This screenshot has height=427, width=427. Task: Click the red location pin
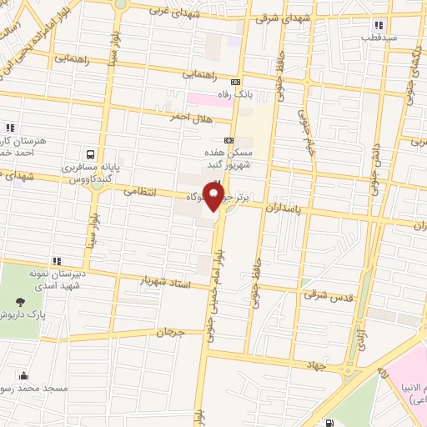click(x=215, y=197)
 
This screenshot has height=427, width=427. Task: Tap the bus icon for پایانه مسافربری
click(x=89, y=155)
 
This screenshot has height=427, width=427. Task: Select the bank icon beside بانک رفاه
click(x=237, y=83)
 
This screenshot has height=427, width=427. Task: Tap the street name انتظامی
click(x=141, y=191)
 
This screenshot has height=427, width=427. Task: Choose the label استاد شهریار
click(x=166, y=284)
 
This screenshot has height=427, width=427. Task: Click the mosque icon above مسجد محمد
click(x=23, y=375)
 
